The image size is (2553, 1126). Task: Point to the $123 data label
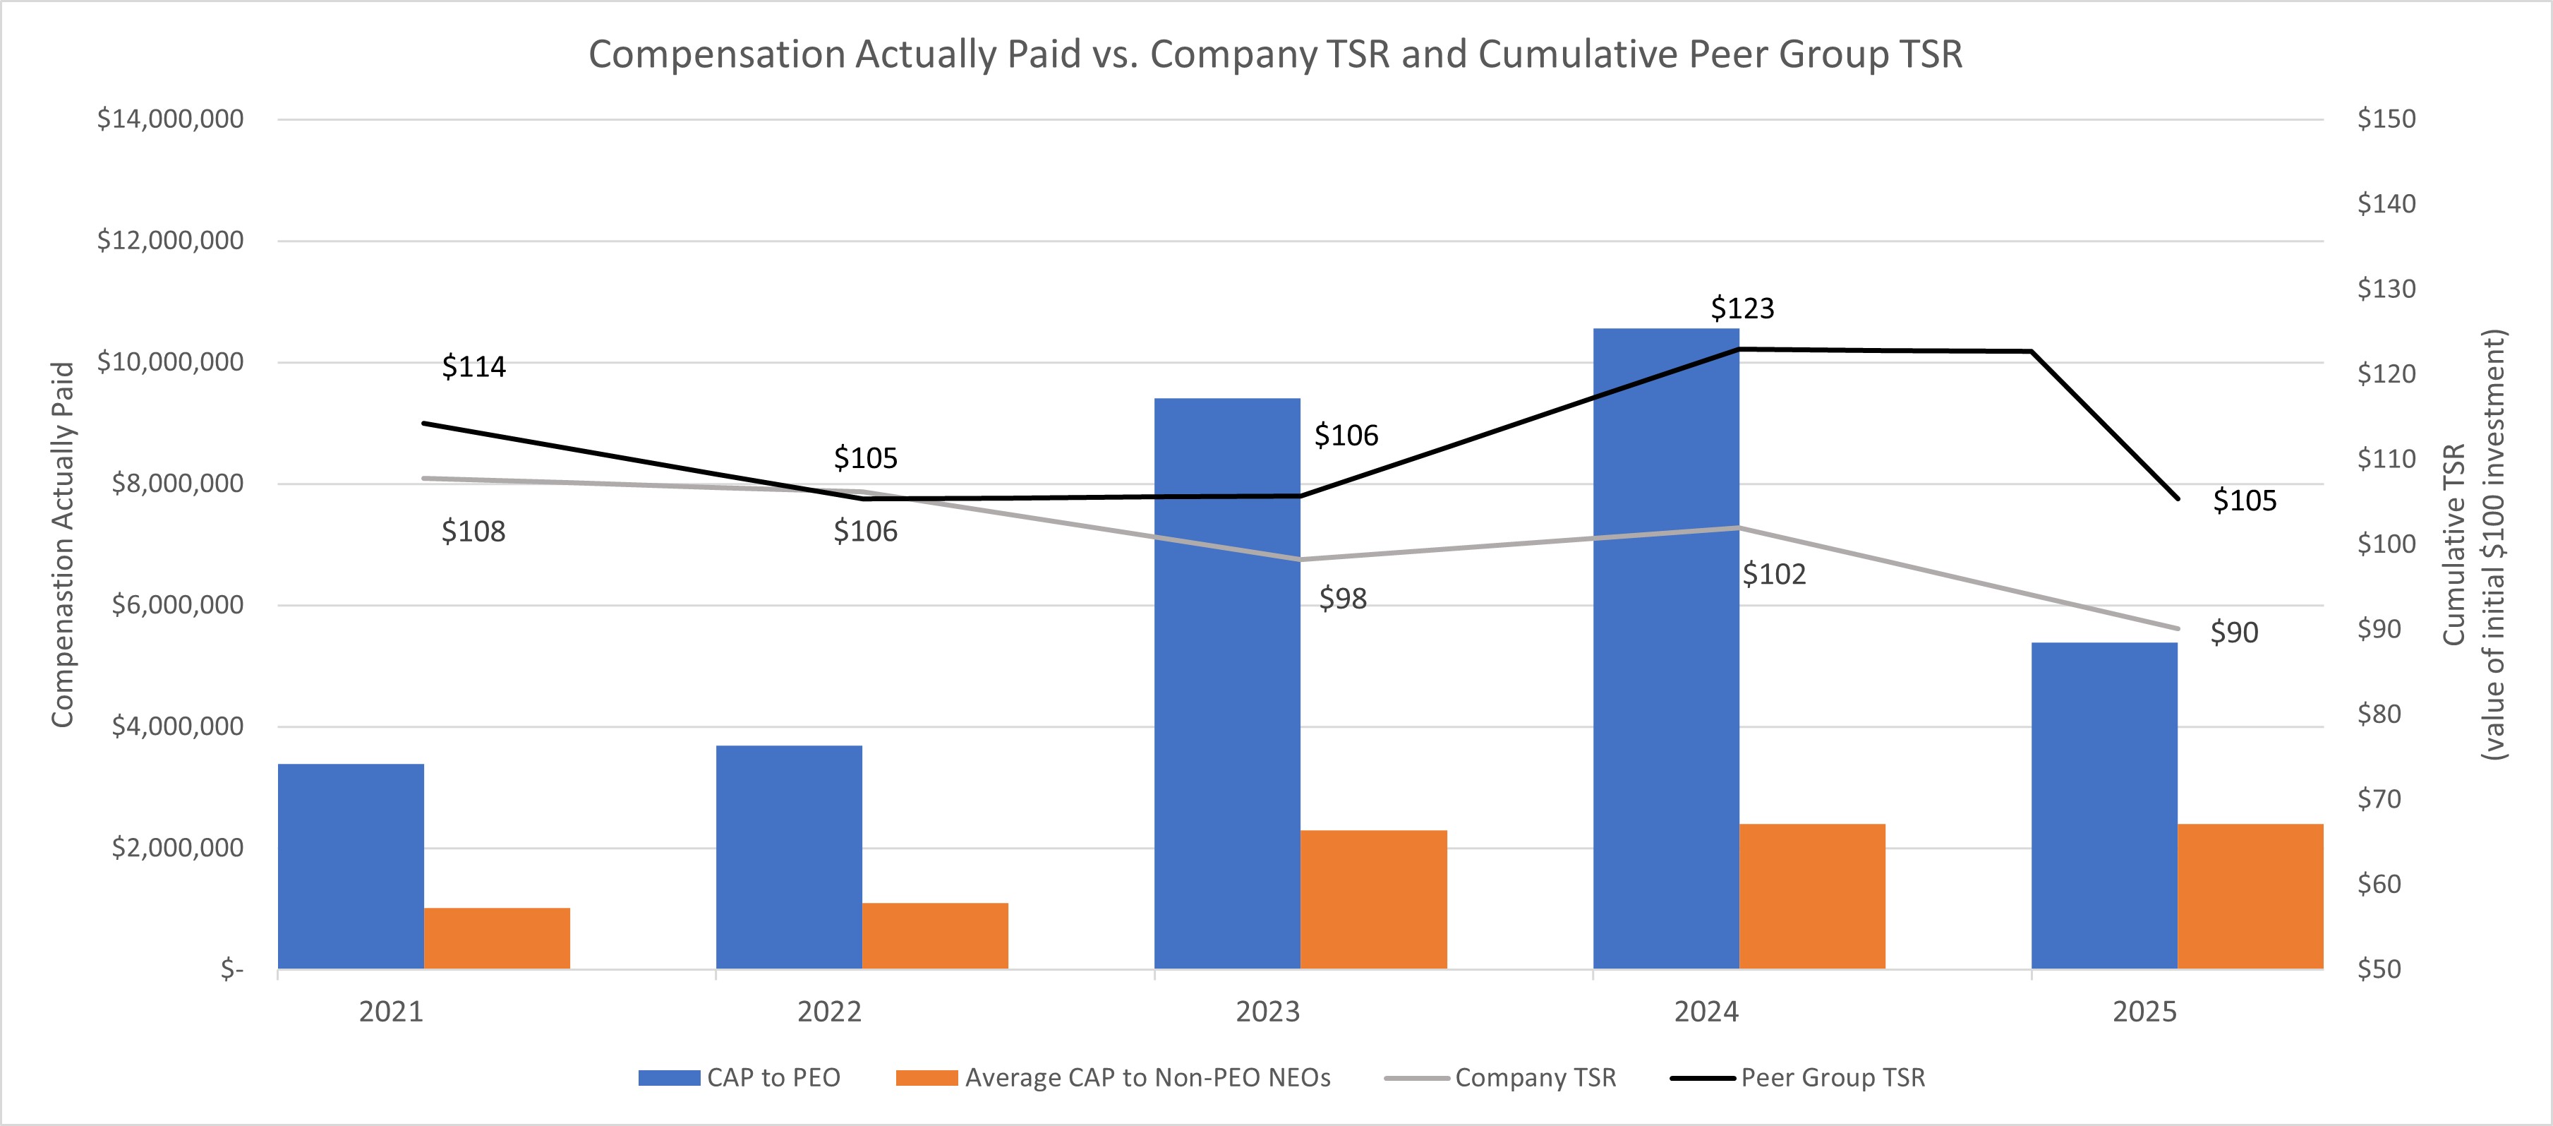pyautogui.click(x=1742, y=309)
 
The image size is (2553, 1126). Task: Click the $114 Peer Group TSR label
pyautogui.click(x=473, y=366)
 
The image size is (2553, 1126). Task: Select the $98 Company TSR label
pyautogui.click(x=1342, y=599)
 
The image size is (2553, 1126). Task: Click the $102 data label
pyautogui.click(x=1773, y=574)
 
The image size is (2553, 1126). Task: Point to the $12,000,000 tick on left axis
pyautogui.click(x=169, y=240)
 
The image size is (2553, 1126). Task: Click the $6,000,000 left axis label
pyautogui.click(x=176, y=604)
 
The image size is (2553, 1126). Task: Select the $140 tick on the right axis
pyautogui.click(x=2386, y=204)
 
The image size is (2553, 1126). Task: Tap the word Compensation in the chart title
pyautogui.click(x=718, y=54)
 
